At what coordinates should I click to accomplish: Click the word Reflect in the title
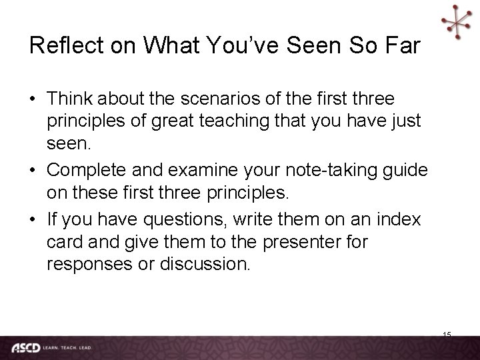click(x=61, y=45)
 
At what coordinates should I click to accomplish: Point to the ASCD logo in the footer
click(x=25, y=347)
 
